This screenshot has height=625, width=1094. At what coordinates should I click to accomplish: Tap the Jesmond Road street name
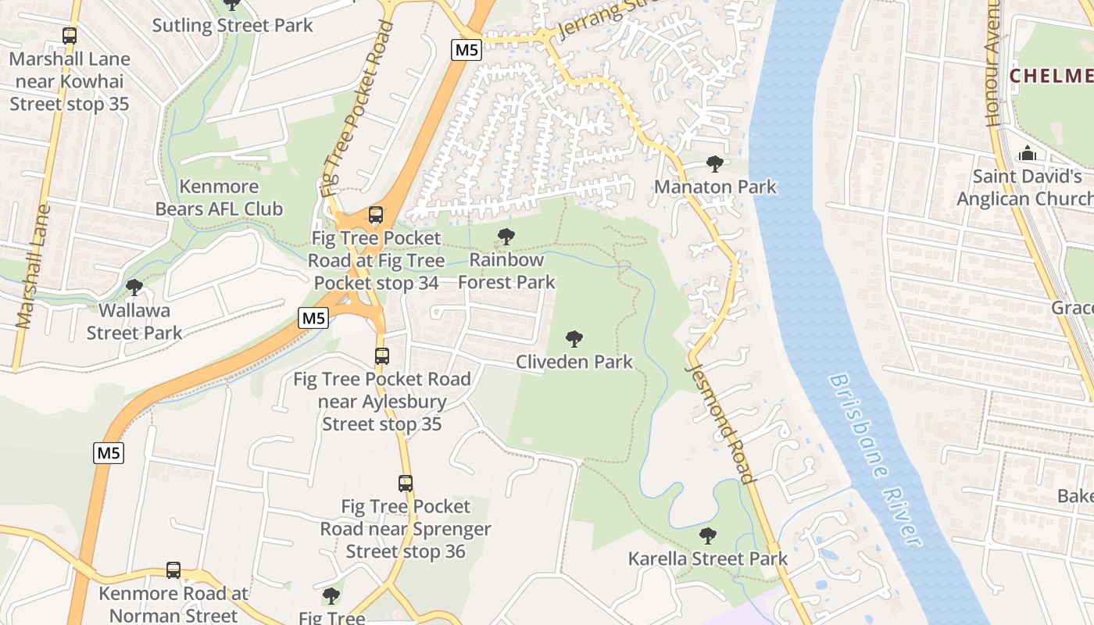coord(720,422)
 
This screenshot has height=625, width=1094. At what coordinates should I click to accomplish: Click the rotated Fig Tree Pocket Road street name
coord(356,109)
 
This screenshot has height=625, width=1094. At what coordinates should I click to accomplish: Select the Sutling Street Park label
coord(232,25)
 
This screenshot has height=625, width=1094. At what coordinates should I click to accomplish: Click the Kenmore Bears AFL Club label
coord(219,198)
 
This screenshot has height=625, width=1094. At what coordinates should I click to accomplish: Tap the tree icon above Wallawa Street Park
coord(134,287)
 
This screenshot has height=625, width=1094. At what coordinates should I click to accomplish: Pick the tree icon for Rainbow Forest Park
coord(506,236)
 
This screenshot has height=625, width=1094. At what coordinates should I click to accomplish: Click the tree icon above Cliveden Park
coord(574,338)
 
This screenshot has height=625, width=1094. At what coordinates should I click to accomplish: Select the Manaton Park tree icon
coord(714,163)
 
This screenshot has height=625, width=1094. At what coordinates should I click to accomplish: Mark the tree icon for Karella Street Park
coord(708,535)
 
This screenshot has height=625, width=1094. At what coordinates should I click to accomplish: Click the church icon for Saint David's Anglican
coord(1028,153)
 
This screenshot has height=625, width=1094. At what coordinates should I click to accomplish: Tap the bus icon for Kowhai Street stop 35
coord(70,35)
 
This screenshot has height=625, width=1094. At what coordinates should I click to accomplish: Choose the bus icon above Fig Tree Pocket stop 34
coord(376,214)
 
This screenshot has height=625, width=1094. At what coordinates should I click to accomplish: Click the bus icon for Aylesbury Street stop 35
coord(381,356)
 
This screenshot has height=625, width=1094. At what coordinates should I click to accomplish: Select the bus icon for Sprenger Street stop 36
coord(405,483)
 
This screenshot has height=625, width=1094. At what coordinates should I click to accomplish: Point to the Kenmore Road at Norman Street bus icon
coord(173,570)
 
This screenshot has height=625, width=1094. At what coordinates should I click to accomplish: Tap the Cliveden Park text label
coord(574,362)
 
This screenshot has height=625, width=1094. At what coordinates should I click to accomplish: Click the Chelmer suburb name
coord(1051,76)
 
